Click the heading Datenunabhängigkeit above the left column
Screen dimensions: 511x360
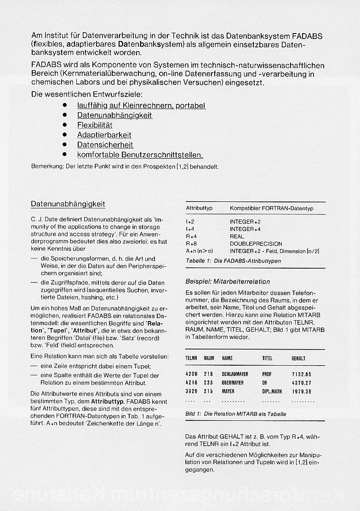click(68, 204)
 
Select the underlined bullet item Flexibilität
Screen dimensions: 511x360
click(95, 125)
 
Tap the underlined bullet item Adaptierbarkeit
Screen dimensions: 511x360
click(104, 135)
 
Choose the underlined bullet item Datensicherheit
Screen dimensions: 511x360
click(105, 145)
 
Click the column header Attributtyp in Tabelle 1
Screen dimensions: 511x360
click(199, 208)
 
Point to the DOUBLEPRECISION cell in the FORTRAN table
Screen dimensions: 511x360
click(256, 244)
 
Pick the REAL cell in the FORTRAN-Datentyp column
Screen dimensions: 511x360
click(237, 236)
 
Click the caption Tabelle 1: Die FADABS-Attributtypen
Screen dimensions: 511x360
click(233, 261)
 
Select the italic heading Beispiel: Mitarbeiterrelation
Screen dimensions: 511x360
click(228, 281)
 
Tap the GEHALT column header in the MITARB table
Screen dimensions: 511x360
click(298, 358)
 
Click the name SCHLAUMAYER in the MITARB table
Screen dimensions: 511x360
click(235, 374)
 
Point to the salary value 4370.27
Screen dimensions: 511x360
click(302, 383)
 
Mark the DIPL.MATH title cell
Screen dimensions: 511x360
click(272, 391)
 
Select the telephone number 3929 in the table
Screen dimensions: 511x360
click(191, 391)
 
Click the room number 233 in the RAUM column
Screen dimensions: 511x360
click(208, 383)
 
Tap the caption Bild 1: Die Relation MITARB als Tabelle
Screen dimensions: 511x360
click(235, 414)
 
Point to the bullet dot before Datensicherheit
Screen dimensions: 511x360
click(65, 145)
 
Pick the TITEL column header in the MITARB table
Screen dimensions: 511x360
click(267, 358)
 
